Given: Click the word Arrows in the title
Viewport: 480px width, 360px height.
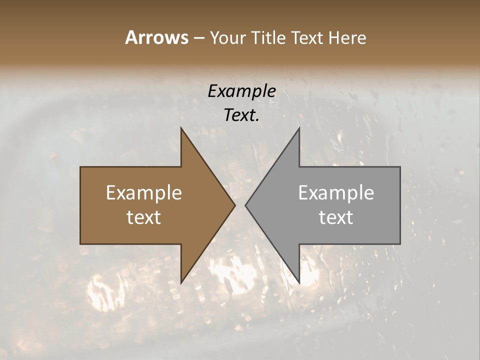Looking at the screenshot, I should point(156,37).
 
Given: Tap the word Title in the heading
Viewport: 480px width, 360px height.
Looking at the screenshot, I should point(270,37).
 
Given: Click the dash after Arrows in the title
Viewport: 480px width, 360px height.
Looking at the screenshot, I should point(198,38).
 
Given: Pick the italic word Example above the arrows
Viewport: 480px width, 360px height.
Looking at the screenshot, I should point(241,91).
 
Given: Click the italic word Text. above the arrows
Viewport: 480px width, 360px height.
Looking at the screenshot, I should point(241,115).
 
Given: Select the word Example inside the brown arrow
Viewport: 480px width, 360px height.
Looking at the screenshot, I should point(144,193).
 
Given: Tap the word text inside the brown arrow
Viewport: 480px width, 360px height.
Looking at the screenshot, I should point(144,217).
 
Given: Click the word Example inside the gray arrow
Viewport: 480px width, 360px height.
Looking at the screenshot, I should point(336,193).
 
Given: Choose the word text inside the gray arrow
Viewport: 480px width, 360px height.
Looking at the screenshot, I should point(336,217).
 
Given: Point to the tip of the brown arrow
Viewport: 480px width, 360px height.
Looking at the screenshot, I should point(234,205).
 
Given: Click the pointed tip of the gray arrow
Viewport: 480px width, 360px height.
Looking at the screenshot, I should point(246,205).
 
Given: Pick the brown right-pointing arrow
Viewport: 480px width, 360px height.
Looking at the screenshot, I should point(150,205).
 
